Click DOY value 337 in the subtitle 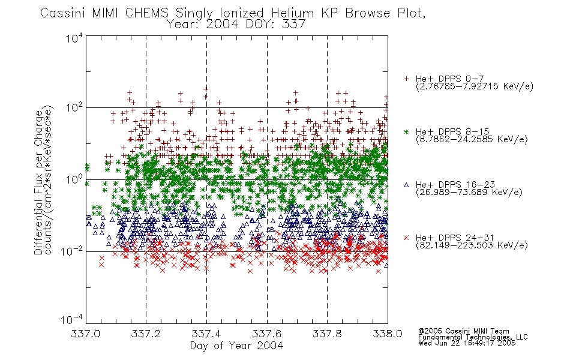293,25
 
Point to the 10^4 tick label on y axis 74,38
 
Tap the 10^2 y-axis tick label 74,107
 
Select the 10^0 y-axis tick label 74,179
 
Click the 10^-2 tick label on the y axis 71,251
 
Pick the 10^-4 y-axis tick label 71,320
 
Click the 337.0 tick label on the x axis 85,334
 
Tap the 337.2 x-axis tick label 146,334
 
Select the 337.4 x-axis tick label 206,334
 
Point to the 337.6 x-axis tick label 267,334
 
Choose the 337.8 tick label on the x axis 327,334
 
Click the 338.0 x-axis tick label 388,334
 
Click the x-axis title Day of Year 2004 236,346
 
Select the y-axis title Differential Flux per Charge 38,182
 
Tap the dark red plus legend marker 406,79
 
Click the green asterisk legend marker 406,131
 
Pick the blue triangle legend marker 406,185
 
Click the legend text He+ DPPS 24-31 455,238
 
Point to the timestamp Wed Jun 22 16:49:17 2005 467,343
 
